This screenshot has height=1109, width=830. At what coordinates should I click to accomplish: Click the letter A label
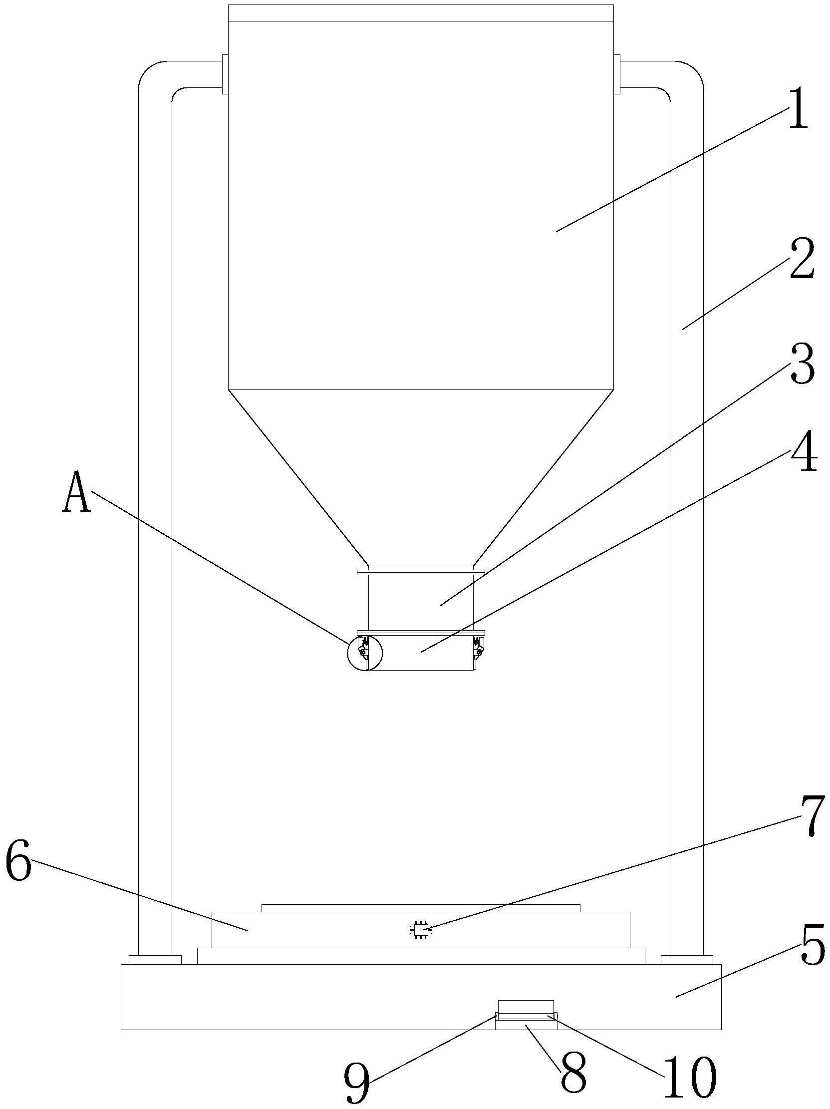pos(76,493)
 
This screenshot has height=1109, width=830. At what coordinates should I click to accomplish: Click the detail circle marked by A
pos(364,653)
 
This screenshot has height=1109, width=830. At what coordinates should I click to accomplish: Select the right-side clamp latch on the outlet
pos(479,650)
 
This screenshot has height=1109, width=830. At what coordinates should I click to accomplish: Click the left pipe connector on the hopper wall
pos(225,75)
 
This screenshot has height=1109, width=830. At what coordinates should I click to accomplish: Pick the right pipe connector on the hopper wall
pos(617,75)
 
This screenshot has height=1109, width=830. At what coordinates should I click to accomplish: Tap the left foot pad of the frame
pos(155,959)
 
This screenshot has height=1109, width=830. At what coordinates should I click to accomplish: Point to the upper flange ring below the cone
pos(421,572)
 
